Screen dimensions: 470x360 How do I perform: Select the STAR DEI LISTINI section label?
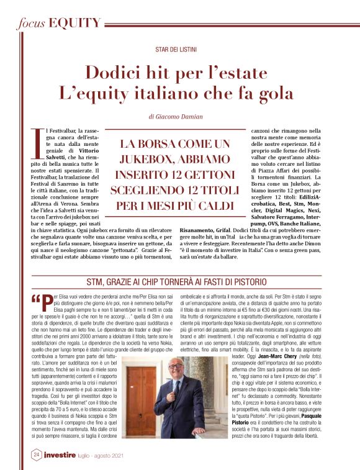[179, 49]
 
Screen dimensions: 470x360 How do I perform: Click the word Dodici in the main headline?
[115, 73]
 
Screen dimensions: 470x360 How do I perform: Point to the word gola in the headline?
[274, 94]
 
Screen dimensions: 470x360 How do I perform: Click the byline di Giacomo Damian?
[179, 117]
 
